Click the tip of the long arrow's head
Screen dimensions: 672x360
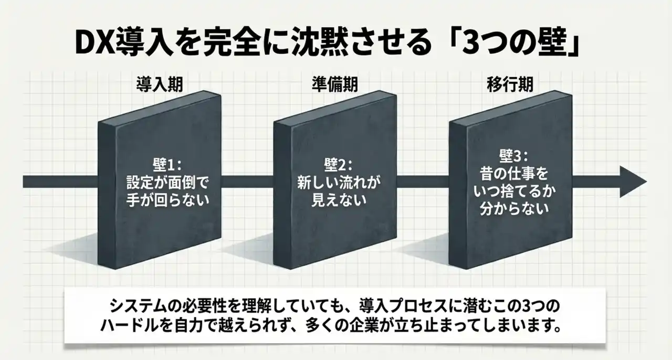[647, 182]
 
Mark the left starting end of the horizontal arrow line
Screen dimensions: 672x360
[23, 182]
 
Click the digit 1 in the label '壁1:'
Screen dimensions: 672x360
[174, 165]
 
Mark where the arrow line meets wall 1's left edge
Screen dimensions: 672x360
[98, 182]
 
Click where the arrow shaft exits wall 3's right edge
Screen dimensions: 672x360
[572, 182]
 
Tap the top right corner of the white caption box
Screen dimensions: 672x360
[605, 290]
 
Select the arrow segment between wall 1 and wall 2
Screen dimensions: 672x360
[247, 182]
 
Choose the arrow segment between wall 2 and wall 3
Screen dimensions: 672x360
[423, 182]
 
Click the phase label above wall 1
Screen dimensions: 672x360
[160, 84]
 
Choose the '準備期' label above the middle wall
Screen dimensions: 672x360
[335, 84]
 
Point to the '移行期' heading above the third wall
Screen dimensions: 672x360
[510, 84]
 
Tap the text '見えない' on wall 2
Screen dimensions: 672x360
[339, 200]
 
